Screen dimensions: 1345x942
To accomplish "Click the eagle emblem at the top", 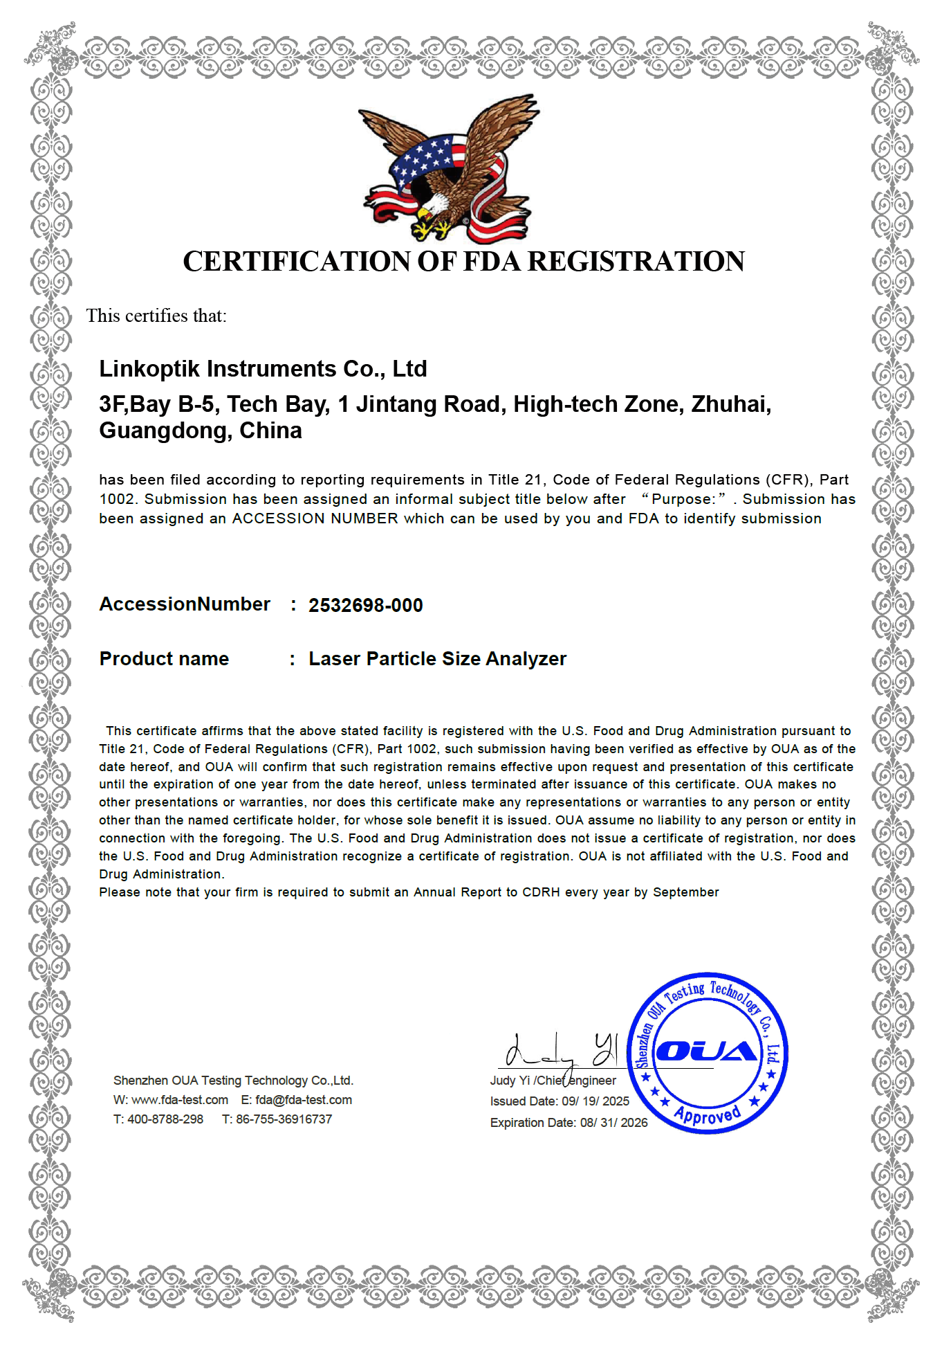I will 449,170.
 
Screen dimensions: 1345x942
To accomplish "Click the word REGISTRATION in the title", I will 636,262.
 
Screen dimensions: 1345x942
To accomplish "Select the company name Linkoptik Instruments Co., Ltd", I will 263,369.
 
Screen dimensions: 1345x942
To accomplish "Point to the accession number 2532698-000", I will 365,606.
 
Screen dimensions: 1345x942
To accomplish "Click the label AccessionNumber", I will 185,604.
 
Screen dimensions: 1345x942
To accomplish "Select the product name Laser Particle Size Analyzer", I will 437,659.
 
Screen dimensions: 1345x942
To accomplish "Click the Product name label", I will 164,659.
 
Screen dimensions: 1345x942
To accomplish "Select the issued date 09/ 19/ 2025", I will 595,1101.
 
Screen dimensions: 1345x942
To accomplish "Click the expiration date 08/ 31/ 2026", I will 613,1123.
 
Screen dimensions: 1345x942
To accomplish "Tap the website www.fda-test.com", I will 180,1100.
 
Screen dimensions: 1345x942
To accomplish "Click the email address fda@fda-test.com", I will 304,1100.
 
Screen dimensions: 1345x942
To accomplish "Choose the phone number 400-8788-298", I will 165,1119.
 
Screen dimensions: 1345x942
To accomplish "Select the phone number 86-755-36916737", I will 284,1119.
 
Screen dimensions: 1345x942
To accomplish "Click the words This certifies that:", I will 156,316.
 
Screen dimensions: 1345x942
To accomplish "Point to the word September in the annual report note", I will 685,892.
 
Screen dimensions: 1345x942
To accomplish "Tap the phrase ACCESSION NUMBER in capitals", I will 315,518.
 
